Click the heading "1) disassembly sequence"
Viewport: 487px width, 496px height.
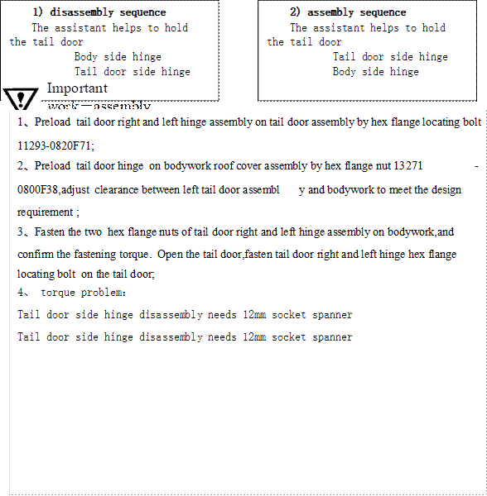[99, 12]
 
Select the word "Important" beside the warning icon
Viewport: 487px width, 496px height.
[77, 88]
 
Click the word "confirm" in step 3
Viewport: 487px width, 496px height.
[36, 255]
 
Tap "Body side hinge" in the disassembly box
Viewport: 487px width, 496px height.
[118, 57]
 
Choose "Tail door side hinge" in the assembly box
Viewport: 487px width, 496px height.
[390, 57]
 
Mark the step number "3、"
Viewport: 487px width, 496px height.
[24, 232]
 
